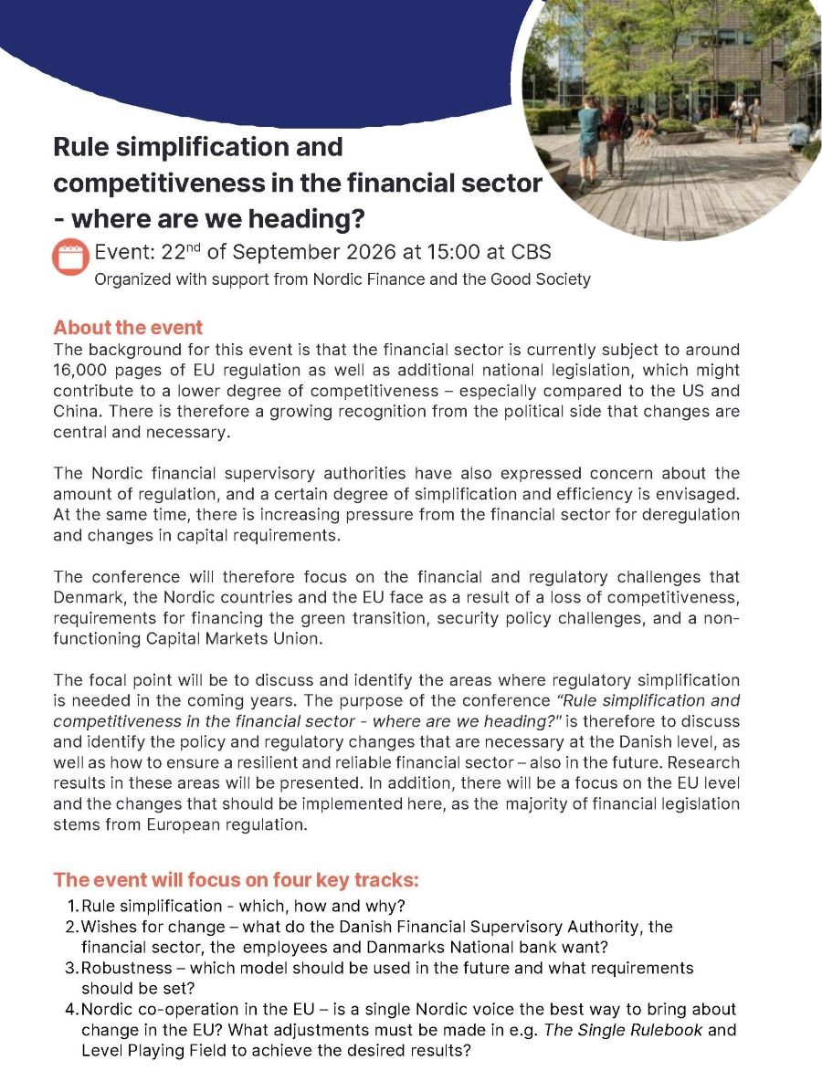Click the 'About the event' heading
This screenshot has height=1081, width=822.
(x=128, y=328)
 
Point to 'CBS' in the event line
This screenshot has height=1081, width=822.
(x=529, y=252)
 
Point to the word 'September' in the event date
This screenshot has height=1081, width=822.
(x=270, y=252)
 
